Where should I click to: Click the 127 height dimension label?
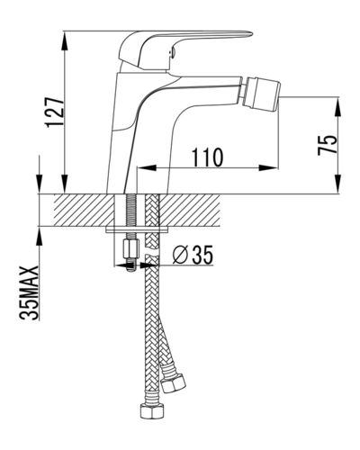(x=55, y=112)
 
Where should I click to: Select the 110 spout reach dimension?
(x=208, y=157)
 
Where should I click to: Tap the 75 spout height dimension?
(x=328, y=145)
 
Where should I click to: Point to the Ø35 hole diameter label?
(x=193, y=255)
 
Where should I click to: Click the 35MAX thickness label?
(x=29, y=293)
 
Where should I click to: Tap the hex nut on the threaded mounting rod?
(x=130, y=248)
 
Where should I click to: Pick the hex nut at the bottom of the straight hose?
(x=153, y=411)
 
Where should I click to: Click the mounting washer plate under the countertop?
(x=137, y=230)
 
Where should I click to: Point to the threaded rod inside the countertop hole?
(x=130, y=210)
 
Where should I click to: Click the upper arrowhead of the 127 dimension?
(x=64, y=41)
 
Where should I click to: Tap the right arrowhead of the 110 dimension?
(x=268, y=168)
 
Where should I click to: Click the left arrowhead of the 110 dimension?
(x=147, y=168)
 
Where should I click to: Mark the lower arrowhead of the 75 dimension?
(x=337, y=184)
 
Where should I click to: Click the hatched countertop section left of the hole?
(x=84, y=210)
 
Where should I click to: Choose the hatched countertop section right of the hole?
(x=190, y=210)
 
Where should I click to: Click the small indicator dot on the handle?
(x=172, y=53)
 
